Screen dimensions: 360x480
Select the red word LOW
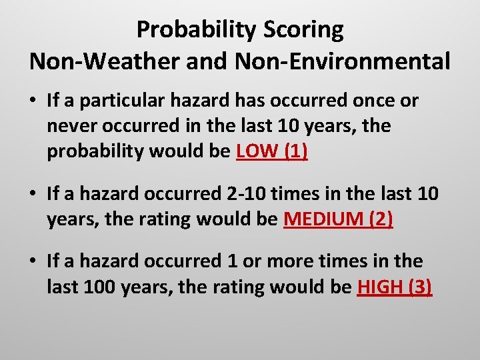pos(257,151)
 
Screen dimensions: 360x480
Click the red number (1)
pos(295,151)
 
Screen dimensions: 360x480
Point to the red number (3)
pos(419,287)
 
